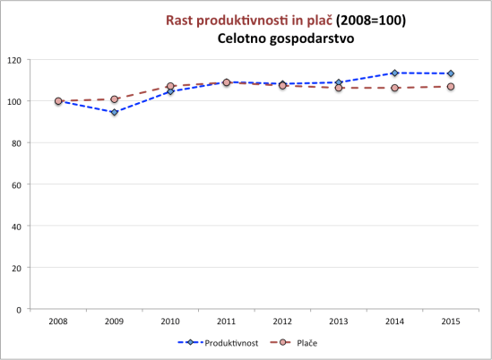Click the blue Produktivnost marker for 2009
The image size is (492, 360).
point(114,112)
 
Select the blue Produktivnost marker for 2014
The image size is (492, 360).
point(394,73)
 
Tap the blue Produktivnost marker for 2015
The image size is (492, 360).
point(450,73)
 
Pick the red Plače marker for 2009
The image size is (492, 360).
point(114,99)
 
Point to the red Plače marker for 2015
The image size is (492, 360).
point(450,87)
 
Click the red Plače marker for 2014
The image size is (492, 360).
point(394,88)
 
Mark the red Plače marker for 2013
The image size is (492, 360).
point(338,88)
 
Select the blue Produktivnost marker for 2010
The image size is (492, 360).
point(170,91)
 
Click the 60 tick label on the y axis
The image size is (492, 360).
point(16,184)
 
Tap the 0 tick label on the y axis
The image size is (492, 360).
point(19,309)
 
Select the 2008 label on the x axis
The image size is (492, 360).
point(58,320)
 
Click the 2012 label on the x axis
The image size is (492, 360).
point(282,320)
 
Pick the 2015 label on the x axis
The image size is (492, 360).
point(450,320)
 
